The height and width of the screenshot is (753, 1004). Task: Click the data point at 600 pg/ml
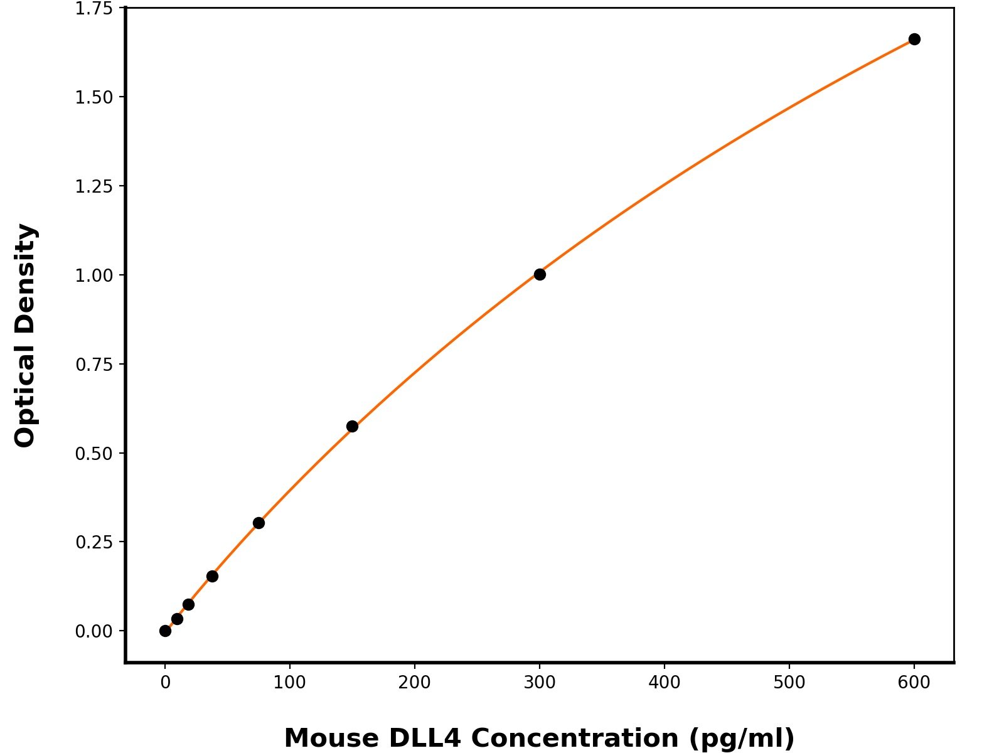coord(914,40)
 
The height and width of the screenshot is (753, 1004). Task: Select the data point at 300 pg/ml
coord(540,274)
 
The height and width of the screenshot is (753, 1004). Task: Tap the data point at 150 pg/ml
coord(352,427)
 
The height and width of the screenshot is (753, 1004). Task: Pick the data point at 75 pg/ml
coord(259,523)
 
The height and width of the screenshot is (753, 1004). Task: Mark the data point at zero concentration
coord(165,631)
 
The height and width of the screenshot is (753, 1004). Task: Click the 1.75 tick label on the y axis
coord(93,9)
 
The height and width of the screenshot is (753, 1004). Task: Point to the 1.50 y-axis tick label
coord(93,97)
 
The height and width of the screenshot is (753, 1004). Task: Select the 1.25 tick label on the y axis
coord(93,186)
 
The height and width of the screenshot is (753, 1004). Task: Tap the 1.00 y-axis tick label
coord(93,275)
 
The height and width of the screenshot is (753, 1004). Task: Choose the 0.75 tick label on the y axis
coord(93,365)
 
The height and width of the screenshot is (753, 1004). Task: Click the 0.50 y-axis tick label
coord(93,453)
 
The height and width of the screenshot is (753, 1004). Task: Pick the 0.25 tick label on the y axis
coord(93,542)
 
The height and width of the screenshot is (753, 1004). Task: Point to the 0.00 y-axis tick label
coord(93,631)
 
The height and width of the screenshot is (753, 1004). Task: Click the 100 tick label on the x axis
coord(289,683)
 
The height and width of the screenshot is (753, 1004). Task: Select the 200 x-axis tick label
coord(414,683)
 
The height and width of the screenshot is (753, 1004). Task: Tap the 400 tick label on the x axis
coord(664,683)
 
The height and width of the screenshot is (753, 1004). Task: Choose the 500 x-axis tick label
coord(789,683)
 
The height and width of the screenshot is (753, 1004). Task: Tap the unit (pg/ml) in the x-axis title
coord(742,739)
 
